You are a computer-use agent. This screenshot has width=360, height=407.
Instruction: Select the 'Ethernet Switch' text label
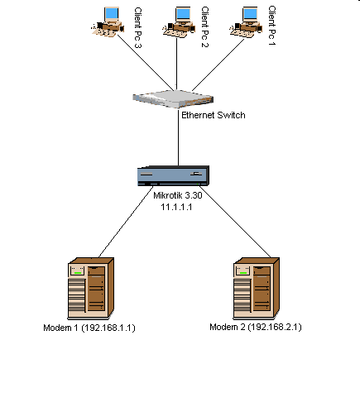(213, 116)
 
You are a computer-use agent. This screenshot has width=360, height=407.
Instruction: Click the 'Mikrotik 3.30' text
(178, 196)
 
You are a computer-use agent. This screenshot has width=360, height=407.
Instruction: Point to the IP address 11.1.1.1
(176, 207)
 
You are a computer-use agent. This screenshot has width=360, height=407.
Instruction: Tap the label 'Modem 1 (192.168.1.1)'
(89, 328)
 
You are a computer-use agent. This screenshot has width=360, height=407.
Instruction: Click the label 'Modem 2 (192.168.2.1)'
(256, 328)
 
